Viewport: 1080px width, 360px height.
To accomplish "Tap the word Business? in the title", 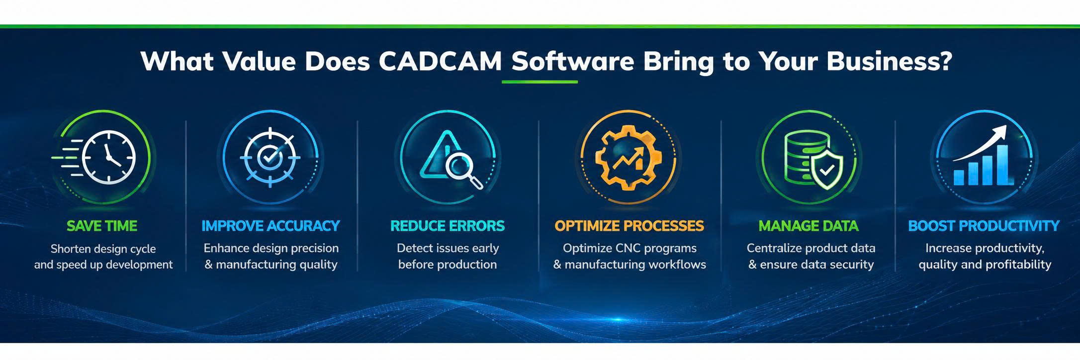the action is pyautogui.click(x=890, y=62).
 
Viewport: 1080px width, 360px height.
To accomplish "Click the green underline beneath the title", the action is pyautogui.click(x=540, y=81).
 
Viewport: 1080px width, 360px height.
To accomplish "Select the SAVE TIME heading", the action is pyautogui.click(x=102, y=226).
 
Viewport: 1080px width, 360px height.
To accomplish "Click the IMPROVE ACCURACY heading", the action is pyautogui.click(x=270, y=226).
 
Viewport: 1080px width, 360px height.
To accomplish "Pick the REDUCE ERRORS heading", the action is pyautogui.click(x=448, y=226).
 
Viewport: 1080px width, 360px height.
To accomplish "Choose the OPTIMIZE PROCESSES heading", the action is pyautogui.click(x=629, y=226).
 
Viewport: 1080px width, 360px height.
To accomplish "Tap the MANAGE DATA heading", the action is pyautogui.click(x=809, y=226).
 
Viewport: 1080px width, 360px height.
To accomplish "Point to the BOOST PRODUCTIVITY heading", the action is pyautogui.click(x=984, y=226).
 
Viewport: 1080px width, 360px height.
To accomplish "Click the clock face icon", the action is pyautogui.click(x=108, y=158).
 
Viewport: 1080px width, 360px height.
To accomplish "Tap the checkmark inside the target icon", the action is pyautogui.click(x=270, y=158).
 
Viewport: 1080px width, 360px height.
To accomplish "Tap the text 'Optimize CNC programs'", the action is pyautogui.click(x=630, y=248).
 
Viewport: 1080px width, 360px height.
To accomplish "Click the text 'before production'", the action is pyautogui.click(x=448, y=265).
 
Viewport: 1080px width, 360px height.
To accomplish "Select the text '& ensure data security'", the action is pyautogui.click(x=811, y=265).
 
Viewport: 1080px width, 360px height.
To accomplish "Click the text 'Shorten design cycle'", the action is pyautogui.click(x=103, y=249).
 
